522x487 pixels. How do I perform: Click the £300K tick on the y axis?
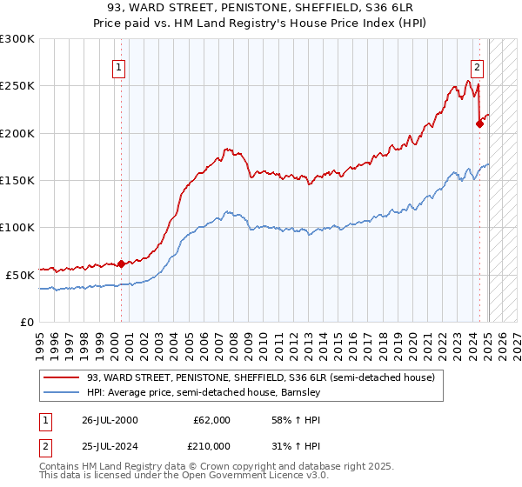(x=17, y=39)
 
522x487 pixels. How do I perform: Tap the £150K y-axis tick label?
(x=17, y=181)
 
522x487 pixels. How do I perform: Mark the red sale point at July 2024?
(x=479, y=124)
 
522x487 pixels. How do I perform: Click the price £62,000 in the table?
(x=211, y=420)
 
